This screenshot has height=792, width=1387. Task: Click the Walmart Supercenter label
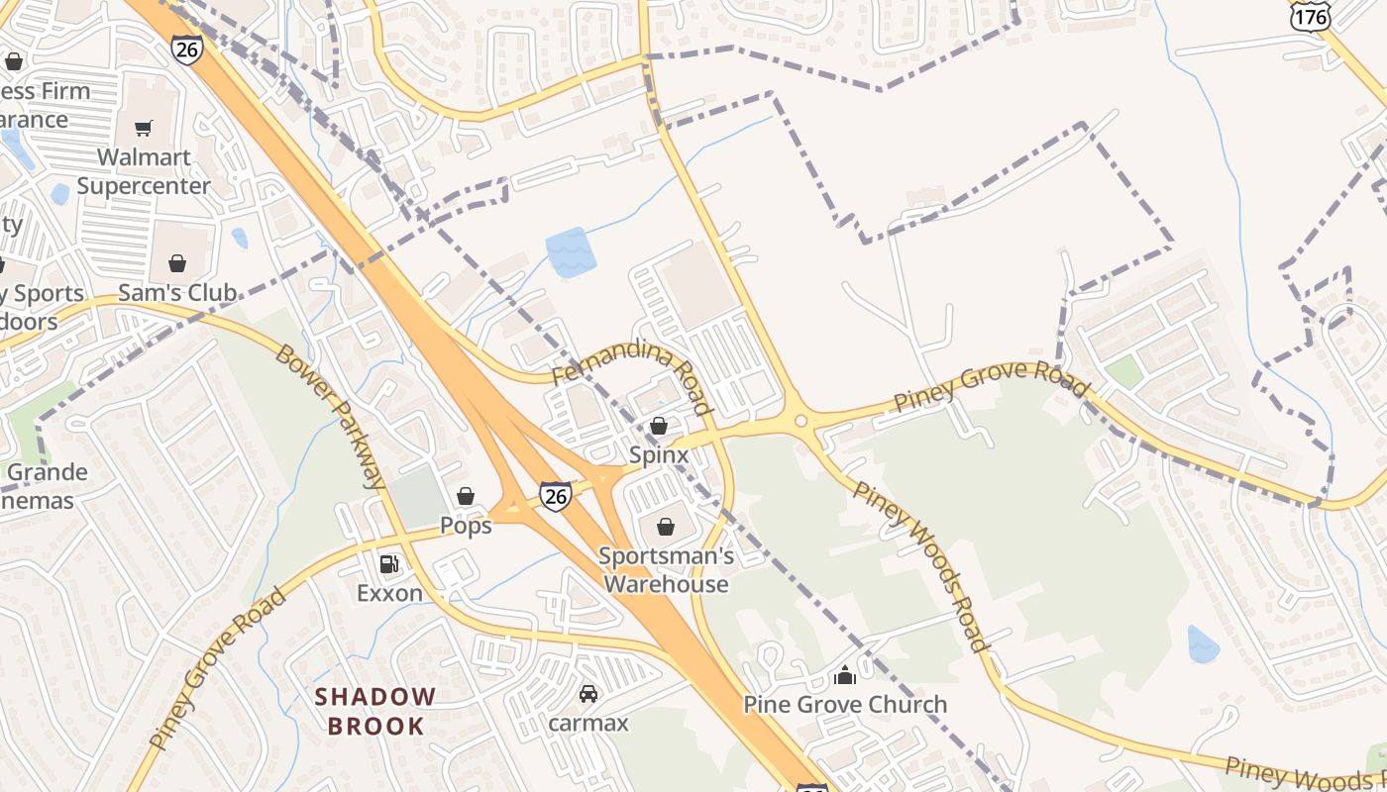pos(144,171)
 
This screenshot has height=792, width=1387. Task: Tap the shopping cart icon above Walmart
pos(144,128)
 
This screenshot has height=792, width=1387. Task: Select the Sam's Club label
pos(177,292)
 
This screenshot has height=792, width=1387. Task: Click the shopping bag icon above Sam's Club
pos(177,263)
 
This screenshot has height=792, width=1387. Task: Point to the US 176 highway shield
pos(1310,17)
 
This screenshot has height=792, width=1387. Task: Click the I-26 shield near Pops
pos(556,496)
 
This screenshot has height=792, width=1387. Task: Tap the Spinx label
pos(658,454)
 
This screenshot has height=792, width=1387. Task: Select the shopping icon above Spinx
pos(658,426)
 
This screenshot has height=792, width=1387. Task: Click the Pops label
pos(466,526)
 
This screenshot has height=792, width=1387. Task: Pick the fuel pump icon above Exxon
pos(389,564)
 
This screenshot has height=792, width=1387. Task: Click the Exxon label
pos(389,593)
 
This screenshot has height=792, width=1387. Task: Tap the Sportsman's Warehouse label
pos(666,569)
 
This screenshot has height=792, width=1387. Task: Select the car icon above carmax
pos(588,694)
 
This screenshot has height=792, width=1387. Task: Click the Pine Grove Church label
pos(845,705)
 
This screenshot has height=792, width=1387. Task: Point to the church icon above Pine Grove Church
pos(845,676)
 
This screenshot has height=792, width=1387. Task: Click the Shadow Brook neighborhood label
pos(375,711)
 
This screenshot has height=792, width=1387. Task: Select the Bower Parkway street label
pos(330,417)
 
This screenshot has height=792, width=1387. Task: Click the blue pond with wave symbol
pos(571,251)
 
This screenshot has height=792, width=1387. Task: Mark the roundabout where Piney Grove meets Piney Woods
pos(801,421)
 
